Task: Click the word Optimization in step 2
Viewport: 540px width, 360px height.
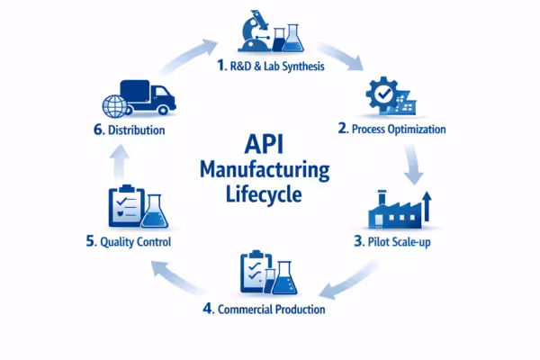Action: coord(414,130)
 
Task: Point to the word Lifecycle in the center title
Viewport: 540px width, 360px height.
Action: coord(265,193)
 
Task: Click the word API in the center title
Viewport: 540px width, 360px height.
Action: coord(265,144)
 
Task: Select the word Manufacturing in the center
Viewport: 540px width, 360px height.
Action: coord(265,168)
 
